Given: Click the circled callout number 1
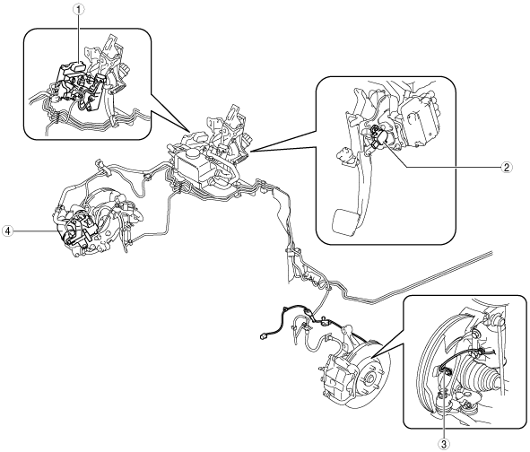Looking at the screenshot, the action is (x=79, y=10).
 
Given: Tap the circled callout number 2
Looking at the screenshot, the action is (x=506, y=167).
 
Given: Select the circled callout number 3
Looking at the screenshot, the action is (x=444, y=443).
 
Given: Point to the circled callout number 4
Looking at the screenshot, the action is (x=7, y=231).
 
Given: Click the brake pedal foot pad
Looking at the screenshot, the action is (x=344, y=222).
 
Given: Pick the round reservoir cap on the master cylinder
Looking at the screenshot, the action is (x=193, y=154).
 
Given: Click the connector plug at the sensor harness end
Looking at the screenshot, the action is (x=263, y=336).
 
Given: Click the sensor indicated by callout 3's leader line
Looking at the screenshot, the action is (x=444, y=371).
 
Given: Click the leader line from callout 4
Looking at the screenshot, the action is (x=35, y=231).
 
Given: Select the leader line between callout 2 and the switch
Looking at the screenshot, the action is (x=443, y=158).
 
